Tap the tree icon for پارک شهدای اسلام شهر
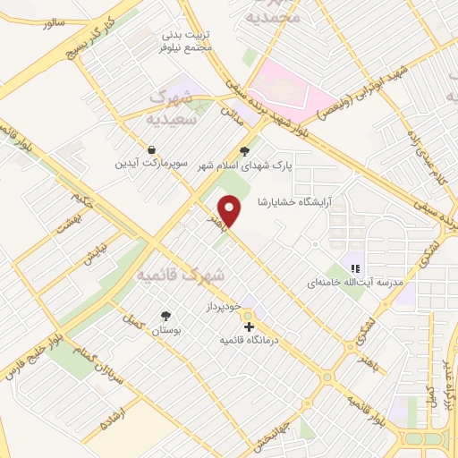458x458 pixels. (x=247, y=151)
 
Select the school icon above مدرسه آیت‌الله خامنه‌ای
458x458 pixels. (x=355, y=267)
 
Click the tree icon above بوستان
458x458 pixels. (x=165, y=315)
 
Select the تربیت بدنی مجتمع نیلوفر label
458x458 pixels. (x=186, y=41)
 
